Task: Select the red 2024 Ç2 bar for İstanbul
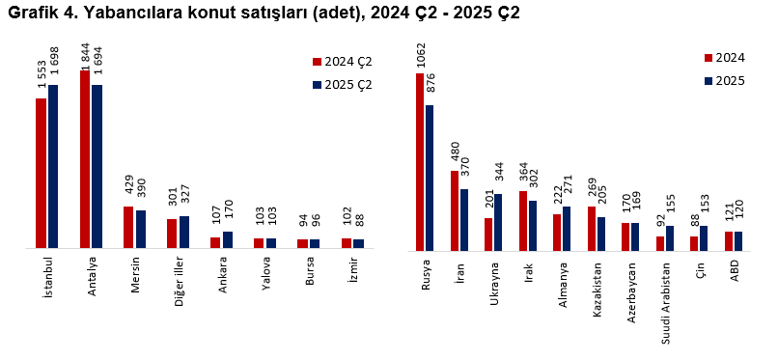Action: click(42, 173)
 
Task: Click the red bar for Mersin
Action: click(128, 227)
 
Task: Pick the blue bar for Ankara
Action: click(228, 239)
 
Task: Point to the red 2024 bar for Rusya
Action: click(420, 160)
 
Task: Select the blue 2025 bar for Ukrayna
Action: click(498, 221)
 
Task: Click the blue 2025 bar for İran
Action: click(464, 218)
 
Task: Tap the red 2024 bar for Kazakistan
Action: click(591, 227)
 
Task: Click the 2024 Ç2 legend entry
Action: click(342, 62)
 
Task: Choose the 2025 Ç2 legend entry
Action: click(342, 85)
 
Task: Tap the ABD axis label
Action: click(735, 270)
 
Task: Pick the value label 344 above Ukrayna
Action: click(499, 175)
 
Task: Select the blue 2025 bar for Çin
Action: click(704, 237)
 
